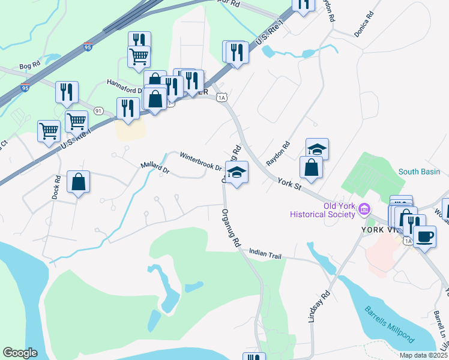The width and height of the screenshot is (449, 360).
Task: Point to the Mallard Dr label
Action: coord(155,167)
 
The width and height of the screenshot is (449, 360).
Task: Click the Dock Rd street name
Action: coord(56,187)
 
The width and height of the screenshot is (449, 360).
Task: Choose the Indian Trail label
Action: coord(265,256)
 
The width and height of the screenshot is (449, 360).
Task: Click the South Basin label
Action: coord(420,172)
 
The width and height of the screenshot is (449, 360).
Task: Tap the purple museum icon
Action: coord(364,209)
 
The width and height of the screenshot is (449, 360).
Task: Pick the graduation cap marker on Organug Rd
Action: coord(237,172)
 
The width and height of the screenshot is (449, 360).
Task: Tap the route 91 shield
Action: coord(98,110)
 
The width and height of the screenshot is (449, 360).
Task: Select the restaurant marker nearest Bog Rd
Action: coord(67,92)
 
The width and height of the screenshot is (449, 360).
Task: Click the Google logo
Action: coord(20,353)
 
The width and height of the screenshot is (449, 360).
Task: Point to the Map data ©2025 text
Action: coord(423,355)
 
